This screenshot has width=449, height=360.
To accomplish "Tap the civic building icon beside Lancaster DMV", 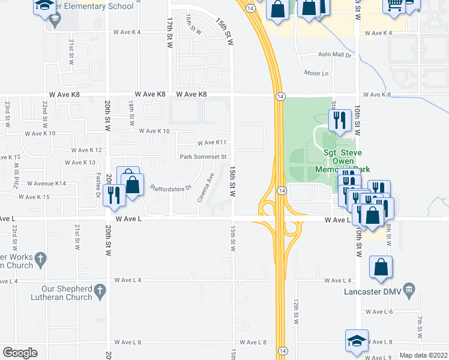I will pyautogui.click(x=409, y=289).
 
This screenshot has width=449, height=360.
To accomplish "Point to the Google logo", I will pyautogui.click(x=20, y=353).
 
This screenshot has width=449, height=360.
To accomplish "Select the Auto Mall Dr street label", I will pyautogui.click(x=334, y=55).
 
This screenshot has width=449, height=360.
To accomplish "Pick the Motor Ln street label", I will pyautogui.click(x=316, y=73).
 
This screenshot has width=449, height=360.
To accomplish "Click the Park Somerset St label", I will pyautogui.click(x=203, y=157).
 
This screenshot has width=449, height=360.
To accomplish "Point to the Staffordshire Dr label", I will pyautogui.click(x=170, y=188).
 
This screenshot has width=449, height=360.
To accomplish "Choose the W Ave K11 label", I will pyautogui.click(x=212, y=143).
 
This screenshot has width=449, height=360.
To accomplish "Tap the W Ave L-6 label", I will pyautogui.click(x=379, y=311).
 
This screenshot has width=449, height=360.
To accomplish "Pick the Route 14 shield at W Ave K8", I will pyautogui.click(x=280, y=97).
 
